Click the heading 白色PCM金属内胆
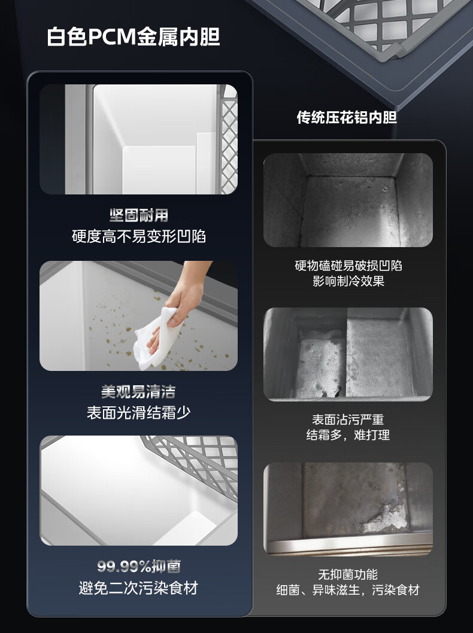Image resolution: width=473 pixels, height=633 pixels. click(x=134, y=37)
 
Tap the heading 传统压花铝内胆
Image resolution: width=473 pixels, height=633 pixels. click(x=347, y=117)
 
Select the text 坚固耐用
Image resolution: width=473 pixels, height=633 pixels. click(x=138, y=215)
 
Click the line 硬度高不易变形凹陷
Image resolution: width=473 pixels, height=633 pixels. click(x=138, y=236)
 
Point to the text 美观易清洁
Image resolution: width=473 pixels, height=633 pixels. click(x=138, y=392)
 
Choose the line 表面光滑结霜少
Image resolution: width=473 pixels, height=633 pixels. click(x=138, y=413)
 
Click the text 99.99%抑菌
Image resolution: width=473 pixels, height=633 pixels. click(x=138, y=567)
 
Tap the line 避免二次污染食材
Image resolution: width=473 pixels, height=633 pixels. click(x=138, y=588)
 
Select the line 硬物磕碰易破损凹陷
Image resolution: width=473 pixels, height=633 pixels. click(x=348, y=266)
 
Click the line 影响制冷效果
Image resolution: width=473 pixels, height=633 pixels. click(x=348, y=281)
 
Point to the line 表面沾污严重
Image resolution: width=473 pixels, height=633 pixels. click(x=348, y=420)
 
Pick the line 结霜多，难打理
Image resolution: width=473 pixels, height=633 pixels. click(x=348, y=435)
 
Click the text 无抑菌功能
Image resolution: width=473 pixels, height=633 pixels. click(x=348, y=574)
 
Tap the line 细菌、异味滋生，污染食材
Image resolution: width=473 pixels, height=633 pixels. click(x=348, y=590)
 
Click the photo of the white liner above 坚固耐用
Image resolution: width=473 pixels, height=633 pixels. click(x=138, y=139)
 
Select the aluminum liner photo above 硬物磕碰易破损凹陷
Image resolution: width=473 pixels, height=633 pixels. click(x=348, y=200)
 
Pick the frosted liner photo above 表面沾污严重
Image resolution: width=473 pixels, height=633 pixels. click(x=348, y=354)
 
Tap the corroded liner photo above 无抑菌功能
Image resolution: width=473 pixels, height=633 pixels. click(x=348, y=509)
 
